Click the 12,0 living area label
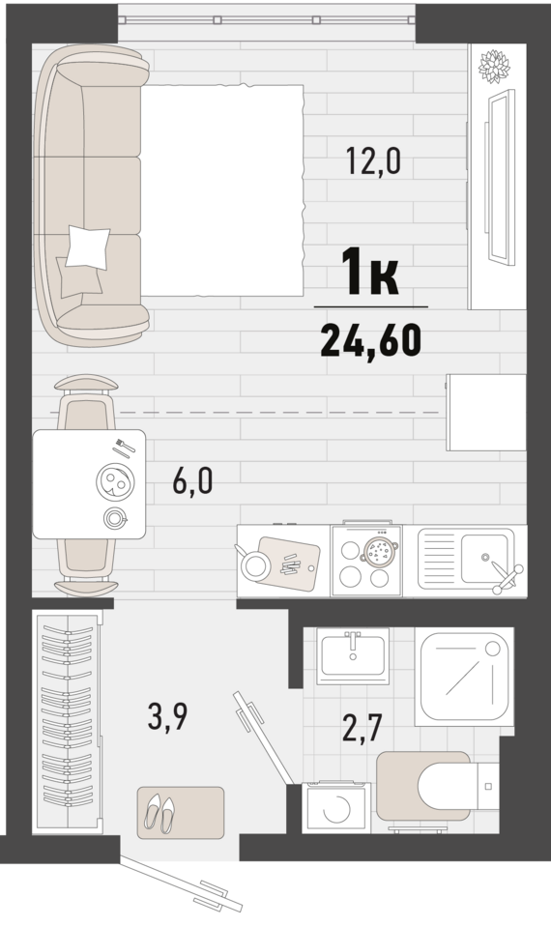[x=373, y=161]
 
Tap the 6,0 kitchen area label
[x=192, y=481]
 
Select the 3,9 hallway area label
[x=168, y=717]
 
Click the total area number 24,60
[x=371, y=341]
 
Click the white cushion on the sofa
[x=87, y=247]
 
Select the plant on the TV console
[x=494, y=66]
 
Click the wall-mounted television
[x=501, y=177]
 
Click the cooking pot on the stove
[x=377, y=552]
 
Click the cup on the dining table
[x=115, y=518]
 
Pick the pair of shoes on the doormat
[x=160, y=813]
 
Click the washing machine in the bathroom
[x=336, y=808]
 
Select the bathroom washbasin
[x=353, y=655]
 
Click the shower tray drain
[x=493, y=649]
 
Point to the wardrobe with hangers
[x=68, y=722]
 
